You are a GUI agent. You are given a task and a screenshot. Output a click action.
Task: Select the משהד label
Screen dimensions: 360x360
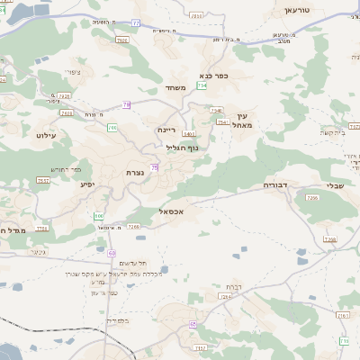(175, 87)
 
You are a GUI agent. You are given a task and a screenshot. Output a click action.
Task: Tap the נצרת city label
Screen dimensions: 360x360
(135, 170)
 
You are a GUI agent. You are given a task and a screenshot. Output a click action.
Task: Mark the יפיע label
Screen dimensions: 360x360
(87, 185)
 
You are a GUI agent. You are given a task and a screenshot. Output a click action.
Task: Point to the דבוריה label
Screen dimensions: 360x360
(274, 184)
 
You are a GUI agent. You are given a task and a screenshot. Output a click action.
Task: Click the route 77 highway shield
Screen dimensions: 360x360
(136, 20)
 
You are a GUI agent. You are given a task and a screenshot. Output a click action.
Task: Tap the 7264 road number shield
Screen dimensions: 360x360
(225, 295)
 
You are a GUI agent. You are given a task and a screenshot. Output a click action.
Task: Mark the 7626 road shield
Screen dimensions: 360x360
(63, 95)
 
